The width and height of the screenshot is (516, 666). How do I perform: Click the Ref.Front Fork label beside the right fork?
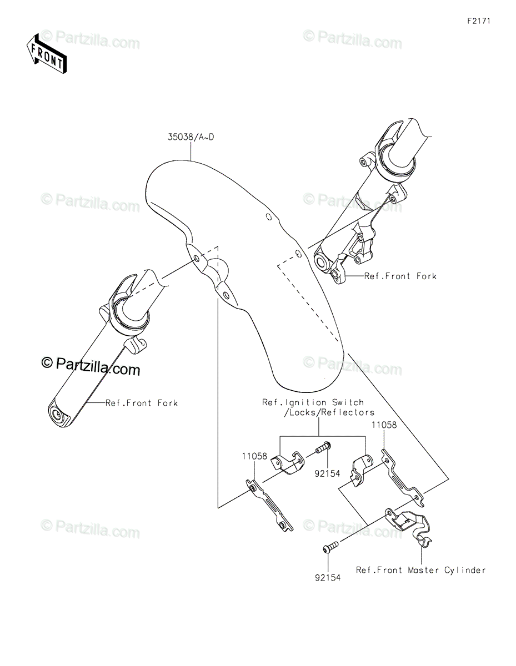tap(400, 276)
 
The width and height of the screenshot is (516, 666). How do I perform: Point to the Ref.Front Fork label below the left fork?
tap(142, 402)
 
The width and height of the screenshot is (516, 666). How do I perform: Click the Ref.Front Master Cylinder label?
tap(420, 570)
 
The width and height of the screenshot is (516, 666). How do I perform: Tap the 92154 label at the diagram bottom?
tap(328, 578)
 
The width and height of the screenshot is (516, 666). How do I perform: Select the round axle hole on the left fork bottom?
tap(57, 415)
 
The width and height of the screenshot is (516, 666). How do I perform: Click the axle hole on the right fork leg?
tap(322, 260)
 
